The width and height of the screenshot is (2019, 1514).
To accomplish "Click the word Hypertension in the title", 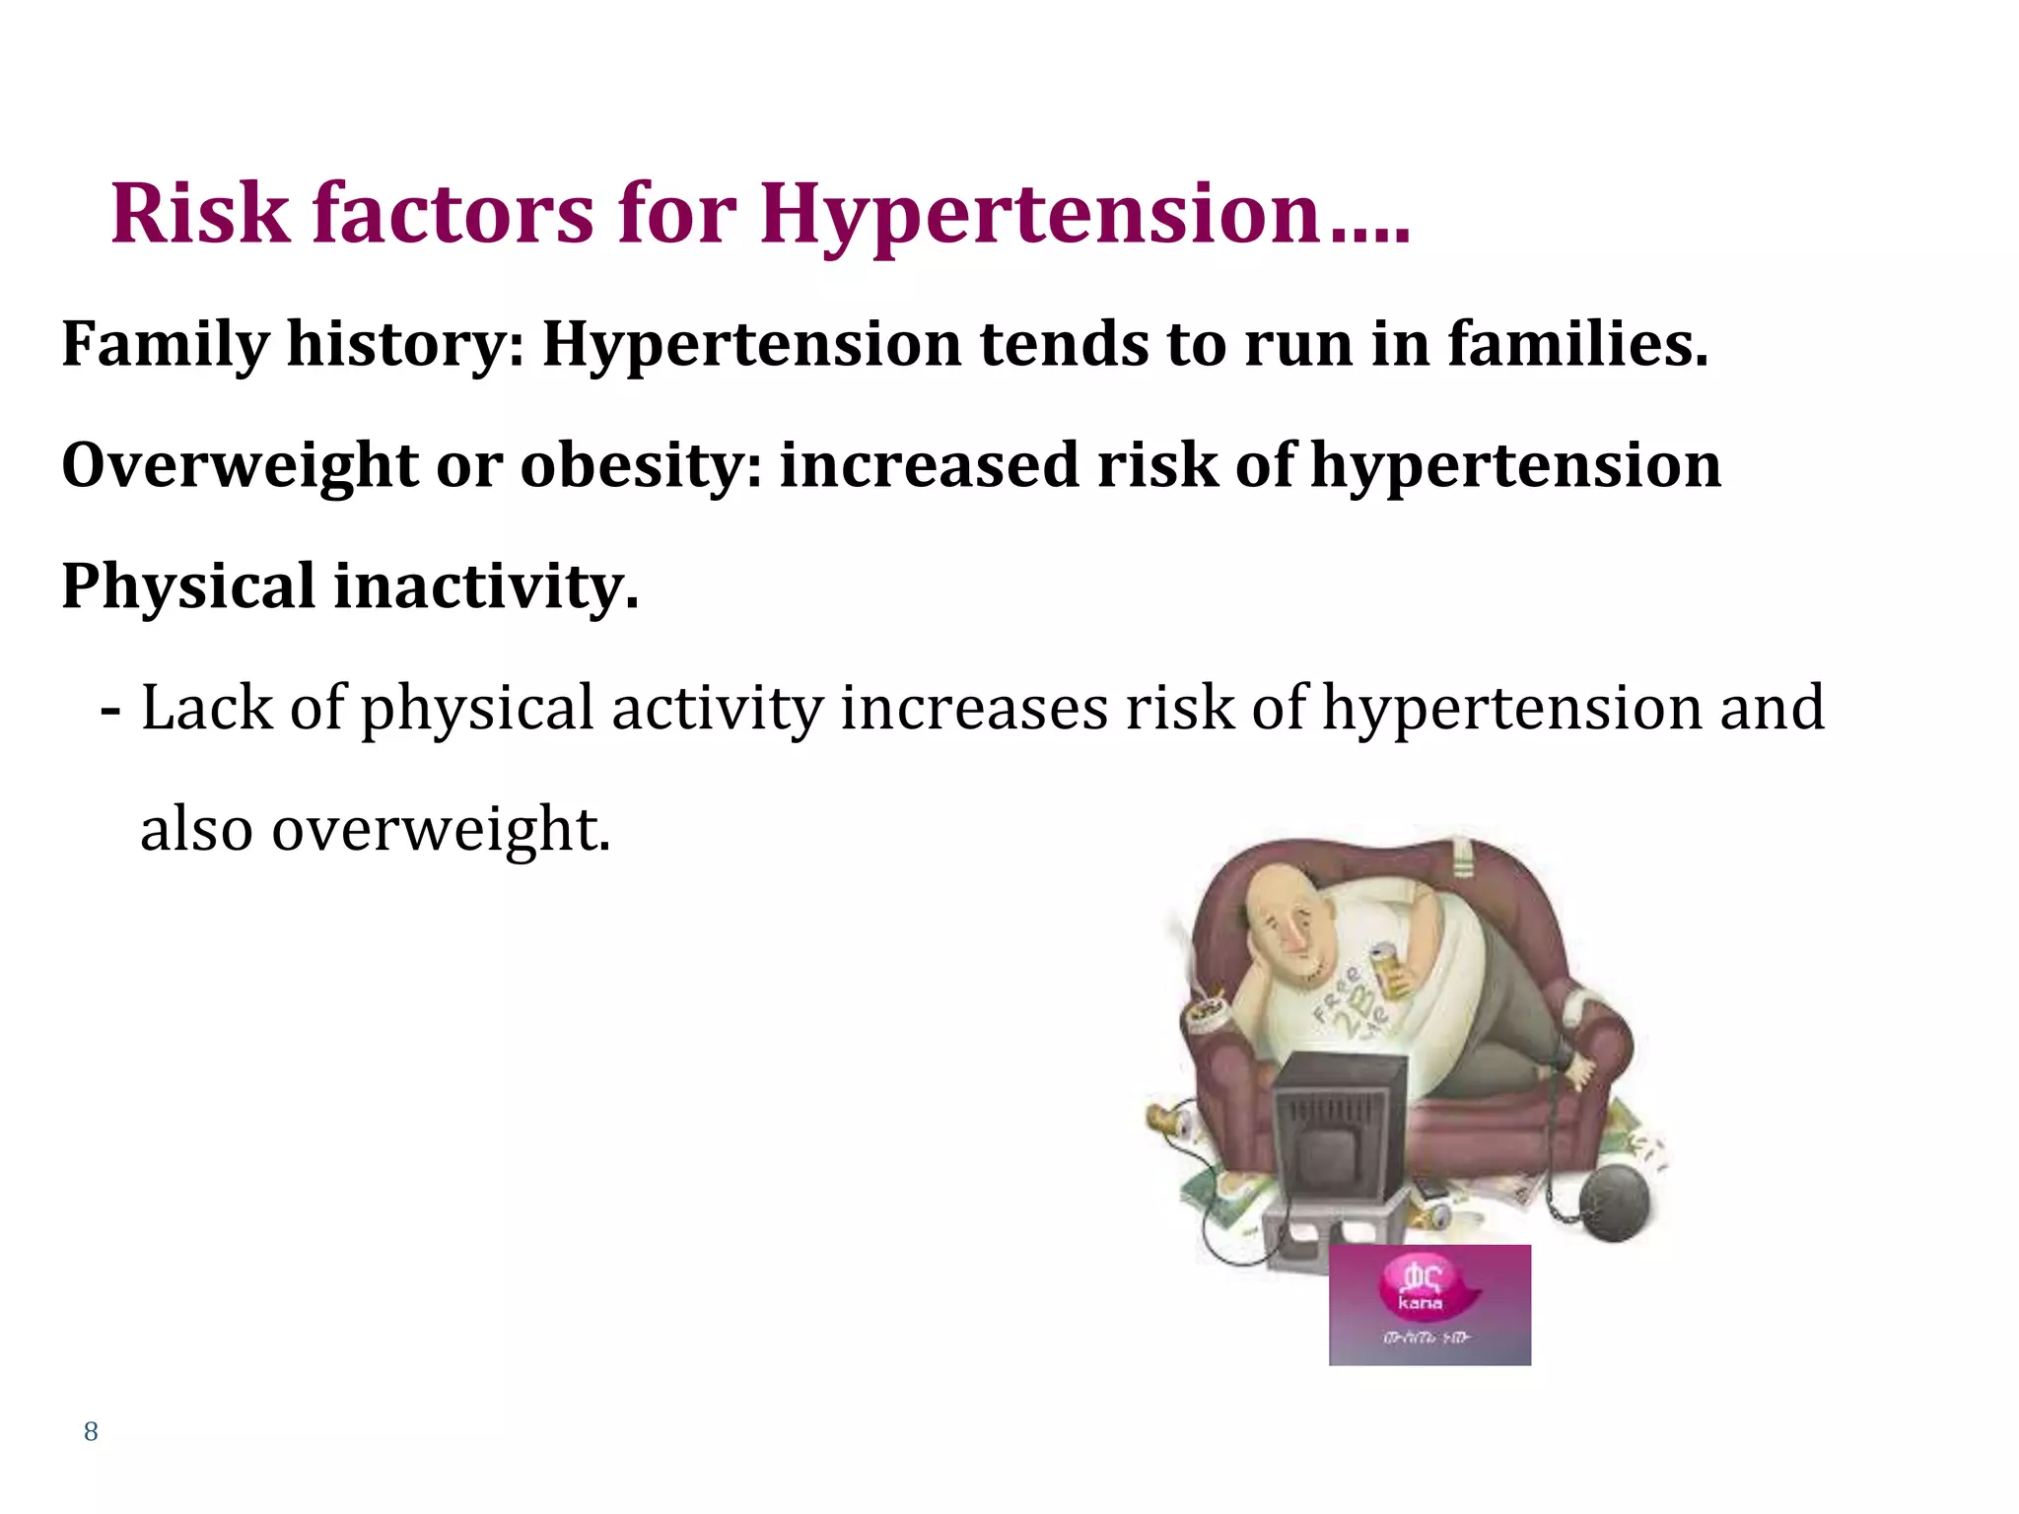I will pyautogui.click(x=1040, y=214).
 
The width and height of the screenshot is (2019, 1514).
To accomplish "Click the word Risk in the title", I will pyautogui.click(x=201, y=214).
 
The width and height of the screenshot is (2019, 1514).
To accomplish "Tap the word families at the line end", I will pyautogui.click(x=1577, y=345).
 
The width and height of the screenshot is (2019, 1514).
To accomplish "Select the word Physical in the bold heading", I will pyautogui.click(x=188, y=586).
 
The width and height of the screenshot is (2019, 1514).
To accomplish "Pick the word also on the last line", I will pyautogui.click(x=196, y=829).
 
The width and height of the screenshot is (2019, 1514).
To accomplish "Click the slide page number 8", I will pyautogui.click(x=91, y=1431).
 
